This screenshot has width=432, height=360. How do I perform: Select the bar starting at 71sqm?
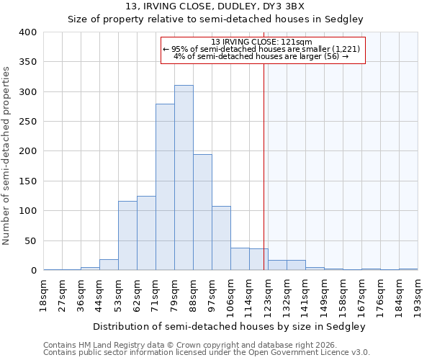click(x=165, y=187)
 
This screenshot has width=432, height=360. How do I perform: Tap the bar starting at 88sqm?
click(x=202, y=212)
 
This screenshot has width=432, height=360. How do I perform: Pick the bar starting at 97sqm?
click(x=221, y=238)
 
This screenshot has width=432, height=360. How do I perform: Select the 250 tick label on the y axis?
click(x=28, y=122)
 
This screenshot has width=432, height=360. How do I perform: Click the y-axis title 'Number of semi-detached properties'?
click(x=7, y=155)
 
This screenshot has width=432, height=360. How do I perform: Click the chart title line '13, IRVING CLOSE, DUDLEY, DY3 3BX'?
click(x=215, y=7)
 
